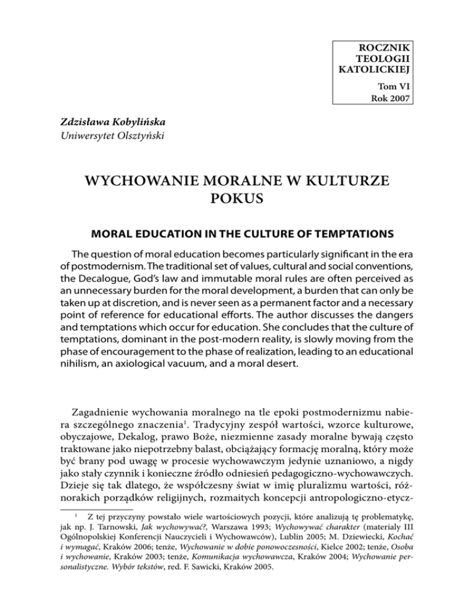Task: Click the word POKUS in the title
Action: point(237,198)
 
